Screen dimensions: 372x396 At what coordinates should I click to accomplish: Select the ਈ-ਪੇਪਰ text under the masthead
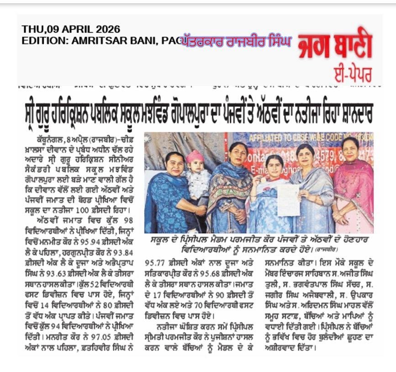click(352, 74)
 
